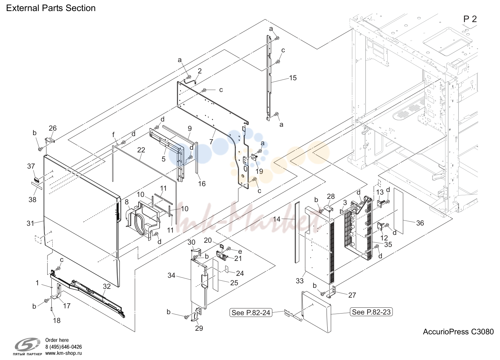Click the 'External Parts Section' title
pyautogui.click(x=51, y=8)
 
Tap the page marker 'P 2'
pyautogui.click(x=470, y=19)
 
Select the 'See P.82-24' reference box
pyautogui.click(x=251, y=313)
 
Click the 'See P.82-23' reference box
pyautogui.click(x=371, y=312)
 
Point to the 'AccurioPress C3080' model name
pyautogui.click(x=458, y=332)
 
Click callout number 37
pyautogui.click(x=31, y=166)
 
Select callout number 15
pyautogui.click(x=293, y=78)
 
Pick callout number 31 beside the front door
pyautogui.click(x=31, y=223)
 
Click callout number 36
pyautogui.click(x=420, y=223)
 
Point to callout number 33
pyautogui.click(x=300, y=281)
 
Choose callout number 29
pyautogui.click(x=199, y=328)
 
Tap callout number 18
pyautogui.click(x=57, y=320)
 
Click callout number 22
pyautogui.click(x=141, y=150)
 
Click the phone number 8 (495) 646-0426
pyautogui.click(x=64, y=347)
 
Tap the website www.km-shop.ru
pyautogui.click(x=64, y=353)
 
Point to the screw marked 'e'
pyautogui.click(x=228, y=249)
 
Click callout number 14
pyautogui.click(x=277, y=219)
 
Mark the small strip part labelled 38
pyautogui.click(x=37, y=186)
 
